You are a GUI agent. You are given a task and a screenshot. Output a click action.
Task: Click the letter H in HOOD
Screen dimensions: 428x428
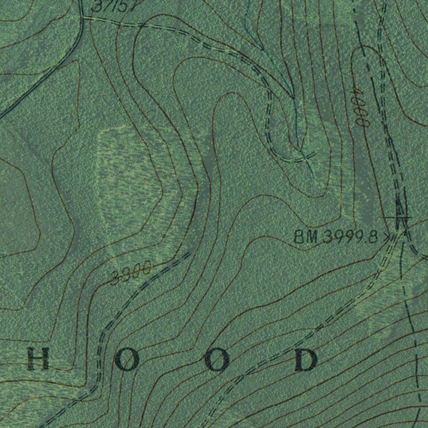click(38, 359)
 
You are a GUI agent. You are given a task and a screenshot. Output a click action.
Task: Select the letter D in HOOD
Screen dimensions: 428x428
click(306, 359)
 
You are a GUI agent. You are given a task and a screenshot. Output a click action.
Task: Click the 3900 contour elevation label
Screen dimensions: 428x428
click(131, 274)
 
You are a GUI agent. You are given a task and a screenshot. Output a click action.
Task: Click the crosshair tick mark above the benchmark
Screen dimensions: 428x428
click(399, 217)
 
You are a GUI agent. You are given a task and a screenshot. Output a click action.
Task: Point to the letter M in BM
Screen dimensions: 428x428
click(312, 238)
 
